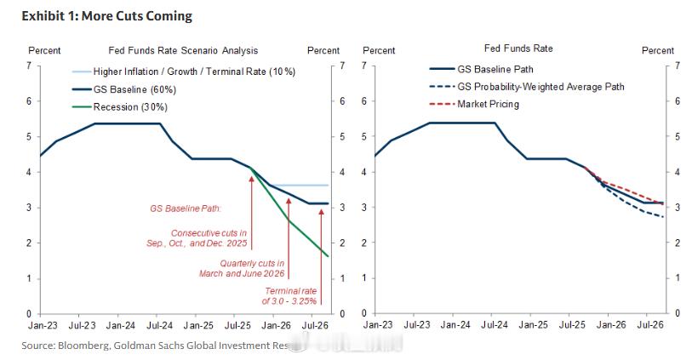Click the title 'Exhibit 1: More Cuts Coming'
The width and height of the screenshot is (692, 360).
[x=106, y=16]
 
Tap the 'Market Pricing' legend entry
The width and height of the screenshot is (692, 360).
[x=488, y=105]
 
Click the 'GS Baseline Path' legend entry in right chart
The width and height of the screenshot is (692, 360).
[x=495, y=69]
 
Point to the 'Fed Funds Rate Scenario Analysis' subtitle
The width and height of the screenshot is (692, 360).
[x=183, y=51]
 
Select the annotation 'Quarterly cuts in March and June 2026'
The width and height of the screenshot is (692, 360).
[x=252, y=268]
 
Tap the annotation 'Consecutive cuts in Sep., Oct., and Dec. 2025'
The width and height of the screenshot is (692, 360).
[x=209, y=238]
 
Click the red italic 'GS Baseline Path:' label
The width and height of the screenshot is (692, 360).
[x=186, y=207]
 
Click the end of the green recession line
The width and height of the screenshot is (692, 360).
[x=328, y=255]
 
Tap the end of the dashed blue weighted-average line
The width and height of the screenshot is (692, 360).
[x=663, y=217]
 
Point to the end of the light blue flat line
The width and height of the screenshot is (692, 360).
[x=328, y=186]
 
